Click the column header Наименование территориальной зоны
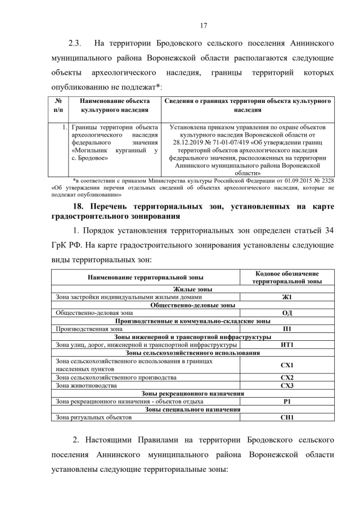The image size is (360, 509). (146, 277)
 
